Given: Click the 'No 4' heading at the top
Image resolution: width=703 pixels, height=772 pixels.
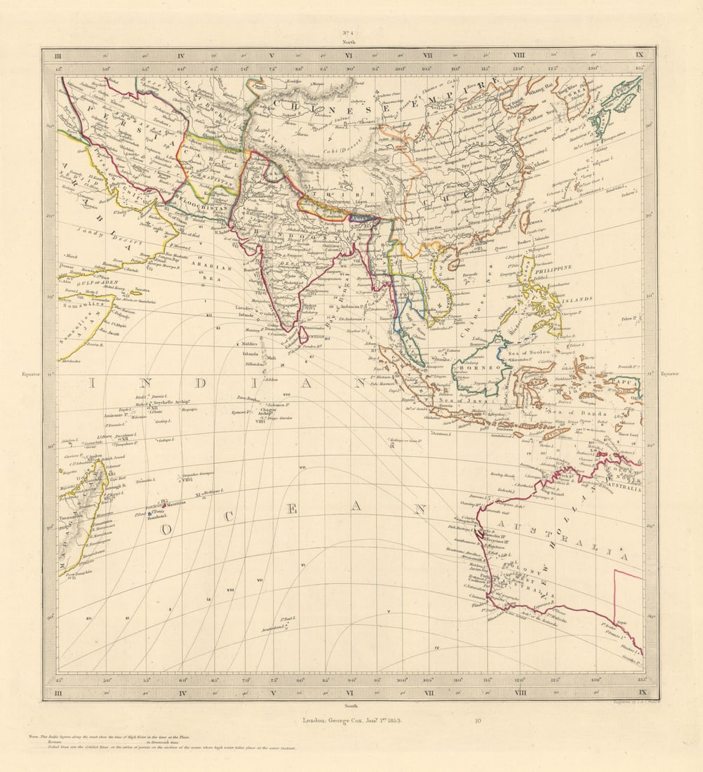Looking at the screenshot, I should coord(349,33).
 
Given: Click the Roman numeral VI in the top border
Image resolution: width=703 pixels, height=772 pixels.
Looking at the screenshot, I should coord(349,55).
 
